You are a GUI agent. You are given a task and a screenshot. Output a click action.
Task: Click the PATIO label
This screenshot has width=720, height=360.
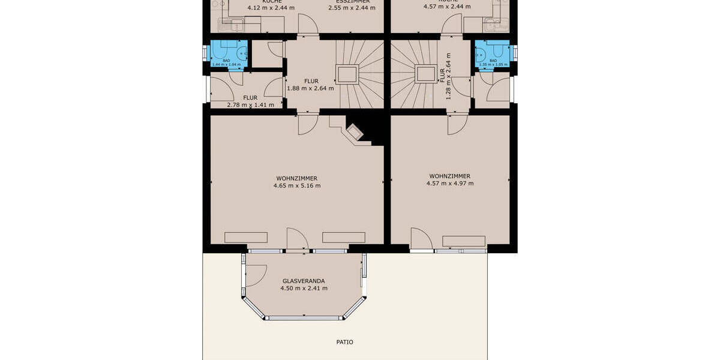coord(344,343)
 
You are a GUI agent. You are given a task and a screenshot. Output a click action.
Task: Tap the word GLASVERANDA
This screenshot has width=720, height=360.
coord(304,281)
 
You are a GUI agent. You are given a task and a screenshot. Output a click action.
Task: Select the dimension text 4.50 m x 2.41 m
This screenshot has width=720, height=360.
coord(304,289)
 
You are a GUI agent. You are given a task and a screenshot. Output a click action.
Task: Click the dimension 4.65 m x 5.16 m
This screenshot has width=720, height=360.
coord(296,186)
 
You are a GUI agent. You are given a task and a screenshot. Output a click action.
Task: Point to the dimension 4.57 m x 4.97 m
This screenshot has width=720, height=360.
coord(449,184)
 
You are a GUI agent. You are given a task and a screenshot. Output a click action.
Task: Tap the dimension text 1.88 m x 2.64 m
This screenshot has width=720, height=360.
coord(310,88)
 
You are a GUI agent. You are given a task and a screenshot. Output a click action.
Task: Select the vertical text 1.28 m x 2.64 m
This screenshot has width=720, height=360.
coord(448,76)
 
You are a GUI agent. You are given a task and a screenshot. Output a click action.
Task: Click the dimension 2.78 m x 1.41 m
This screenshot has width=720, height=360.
coord(250,105)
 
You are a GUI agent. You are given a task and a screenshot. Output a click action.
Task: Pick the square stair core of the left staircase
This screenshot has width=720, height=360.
coord(347,74)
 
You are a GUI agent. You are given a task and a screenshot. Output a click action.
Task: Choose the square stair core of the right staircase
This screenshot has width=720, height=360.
coord(425,74)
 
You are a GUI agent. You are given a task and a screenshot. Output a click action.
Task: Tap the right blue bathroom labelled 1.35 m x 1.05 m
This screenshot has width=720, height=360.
coord(493,55)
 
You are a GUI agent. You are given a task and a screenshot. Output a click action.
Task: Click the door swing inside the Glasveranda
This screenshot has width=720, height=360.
coord(256,275)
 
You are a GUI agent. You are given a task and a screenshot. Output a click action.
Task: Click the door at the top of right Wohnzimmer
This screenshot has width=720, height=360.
coord(457,124)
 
